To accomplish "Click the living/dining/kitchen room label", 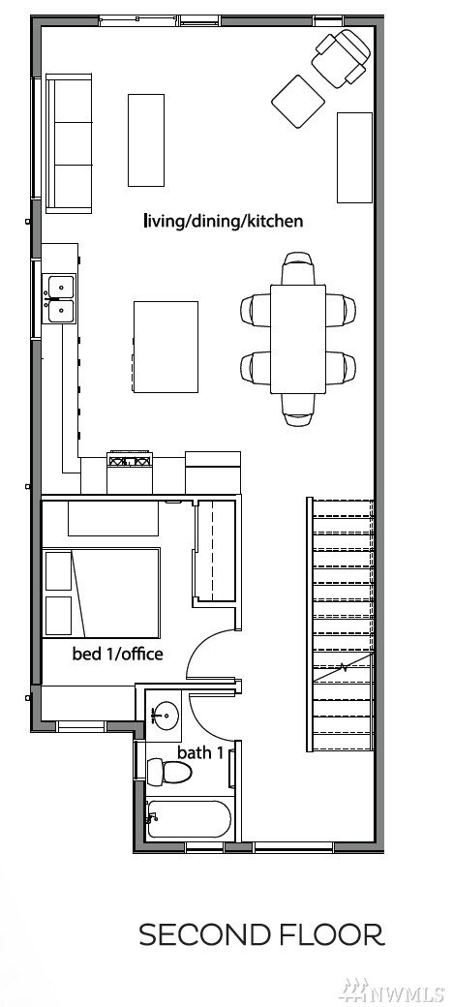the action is (223, 222).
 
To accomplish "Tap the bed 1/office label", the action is (117, 655).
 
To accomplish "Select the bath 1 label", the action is (200, 752).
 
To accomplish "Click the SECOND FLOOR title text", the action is (261, 934).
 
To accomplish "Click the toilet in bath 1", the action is (169, 770).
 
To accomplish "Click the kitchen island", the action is (166, 347).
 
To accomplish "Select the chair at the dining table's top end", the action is (298, 267).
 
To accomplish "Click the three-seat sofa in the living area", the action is (70, 143).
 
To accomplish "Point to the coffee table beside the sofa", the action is (146, 140).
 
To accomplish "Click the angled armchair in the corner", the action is (342, 58).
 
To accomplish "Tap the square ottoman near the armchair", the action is (298, 102).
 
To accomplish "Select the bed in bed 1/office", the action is (101, 593).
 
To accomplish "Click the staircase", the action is (341, 625).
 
